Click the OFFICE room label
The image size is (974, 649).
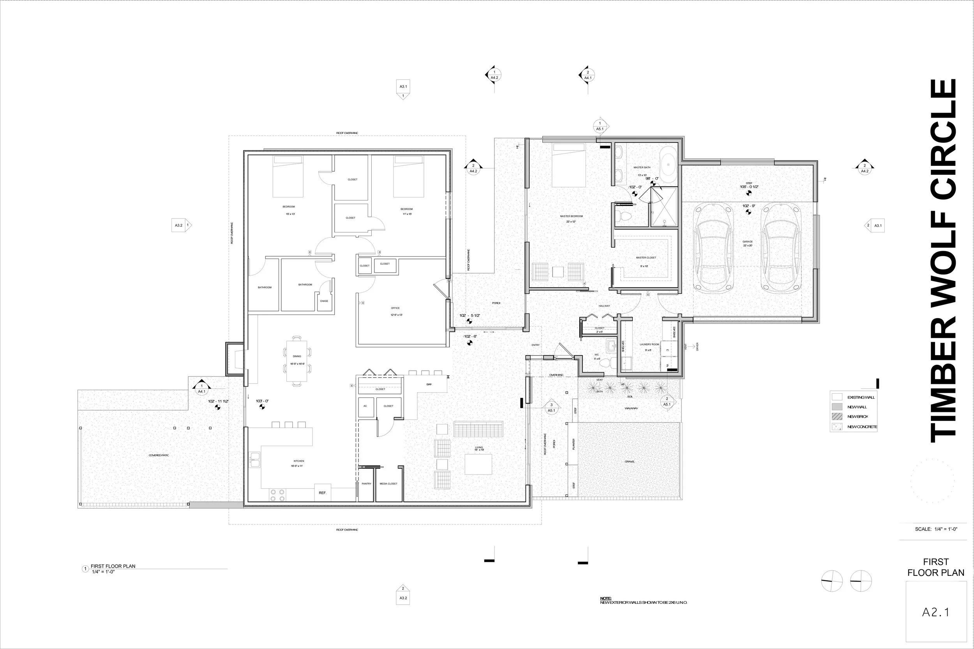[x=395, y=308]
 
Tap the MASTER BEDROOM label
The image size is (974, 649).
[x=571, y=216]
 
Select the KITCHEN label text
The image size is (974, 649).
[x=298, y=461]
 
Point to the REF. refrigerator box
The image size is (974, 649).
[x=323, y=492]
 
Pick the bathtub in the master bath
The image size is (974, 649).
[x=667, y=164]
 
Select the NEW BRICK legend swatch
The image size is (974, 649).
[x=837, y=417]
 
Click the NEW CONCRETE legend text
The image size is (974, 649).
[x=862, y=427]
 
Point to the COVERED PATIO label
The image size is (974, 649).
[x=159, y=455]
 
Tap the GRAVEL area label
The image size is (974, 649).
[x=630, y=461]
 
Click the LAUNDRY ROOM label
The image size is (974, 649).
[x=649, y=345]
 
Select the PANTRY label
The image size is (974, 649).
[x=367, y=484]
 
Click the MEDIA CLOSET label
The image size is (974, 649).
[x=388, y=484]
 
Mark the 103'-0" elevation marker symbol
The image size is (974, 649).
[x=262, y=407]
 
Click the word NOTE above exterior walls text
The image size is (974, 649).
[x=605, y=598]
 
